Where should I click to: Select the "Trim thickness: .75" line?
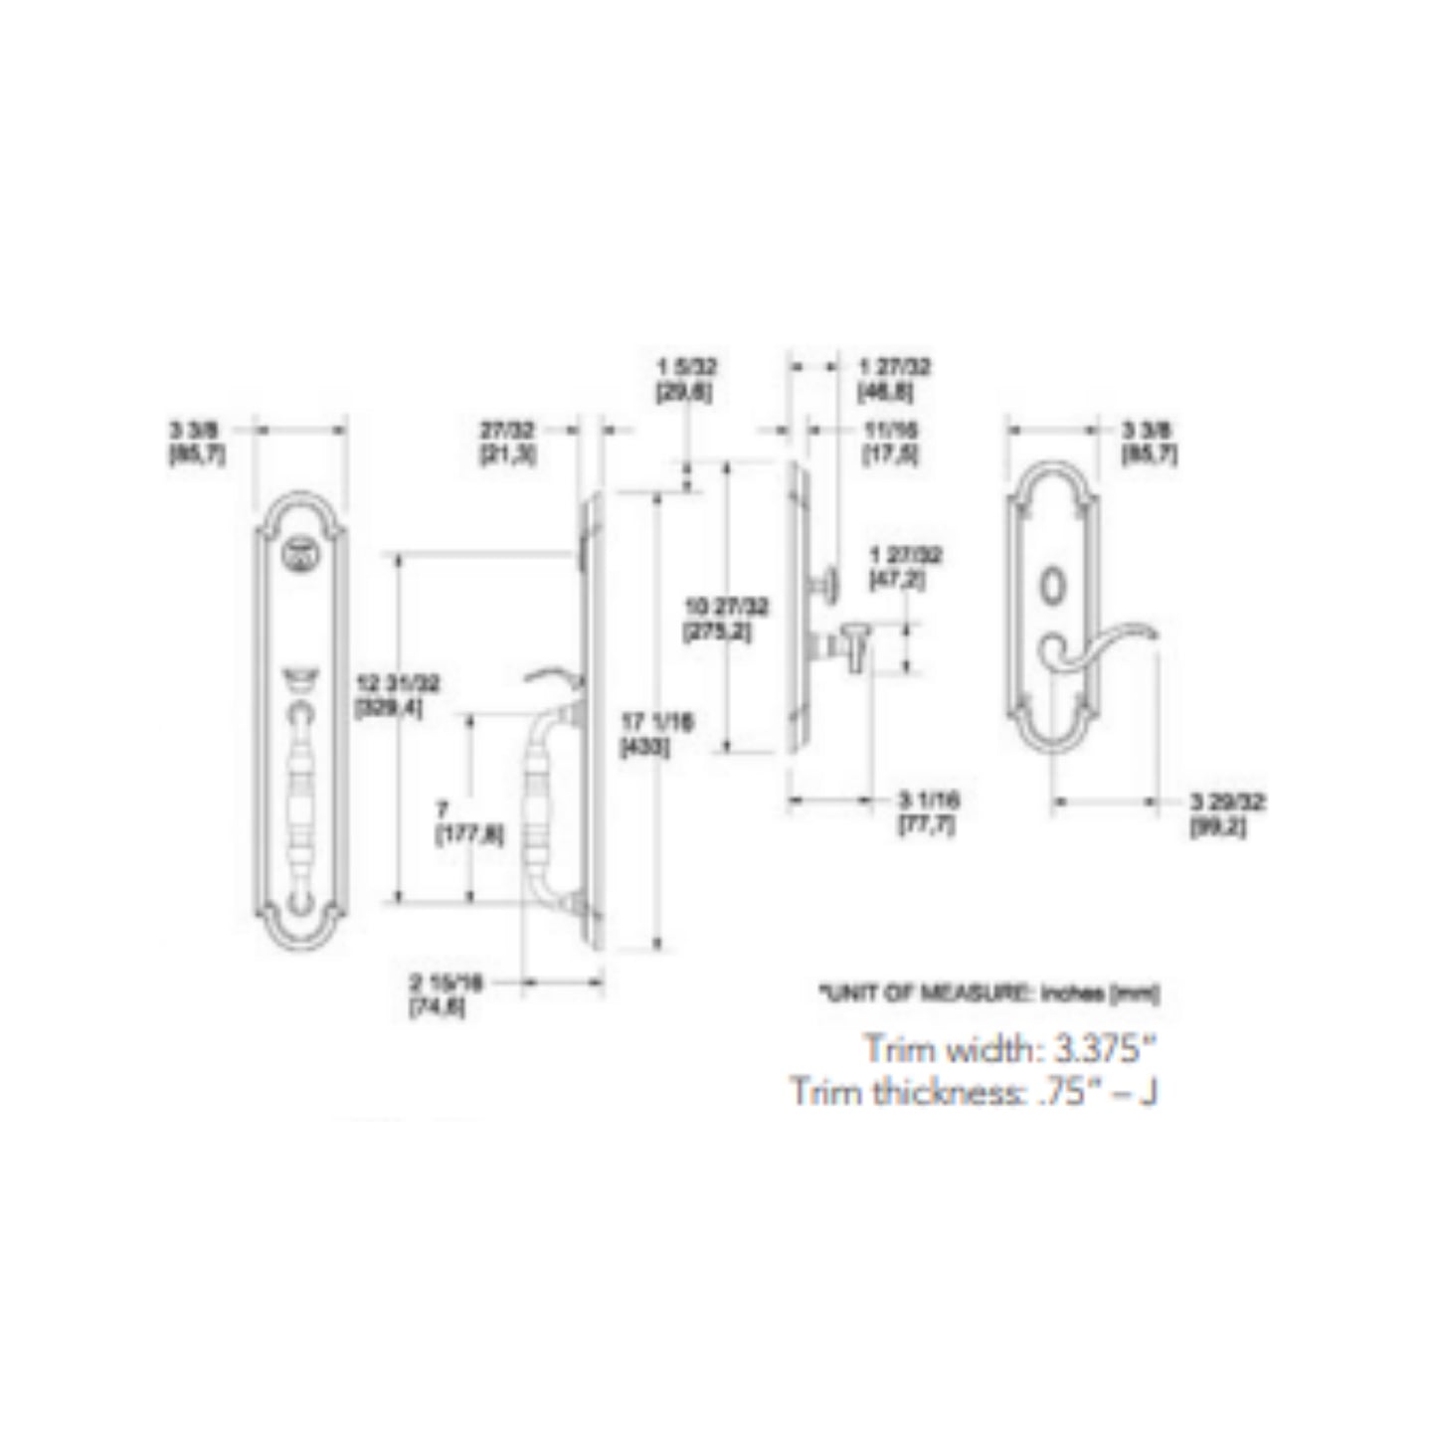pos(975,1091)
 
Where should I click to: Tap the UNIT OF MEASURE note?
pos(988,991)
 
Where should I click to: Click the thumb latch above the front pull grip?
pos(300,680)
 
